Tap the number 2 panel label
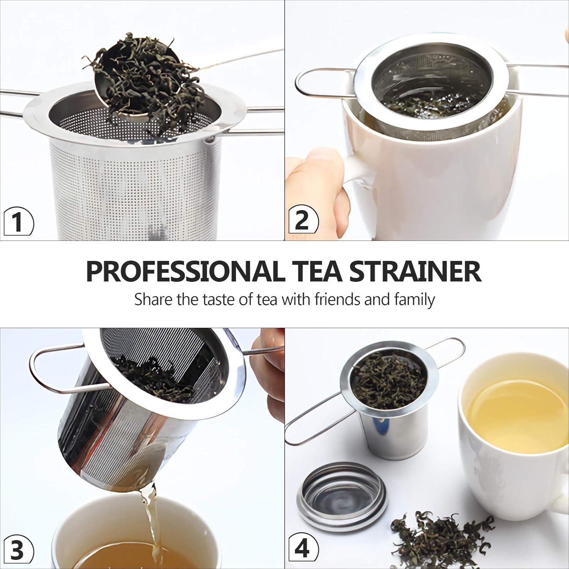coord(302,220)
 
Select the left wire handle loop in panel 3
coord(57,372)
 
